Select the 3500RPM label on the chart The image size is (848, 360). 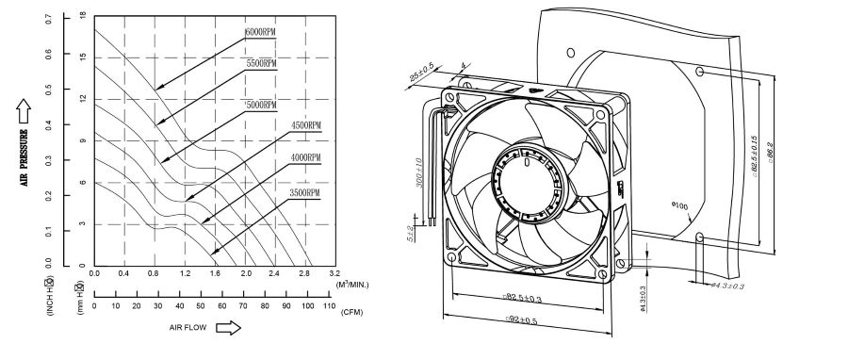[304, 192]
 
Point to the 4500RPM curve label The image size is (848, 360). [306, 125]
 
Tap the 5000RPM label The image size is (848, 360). [261, 105]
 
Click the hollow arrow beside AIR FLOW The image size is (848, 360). [228, 328]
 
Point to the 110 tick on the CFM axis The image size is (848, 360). [328, 306]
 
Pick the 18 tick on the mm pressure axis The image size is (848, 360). [83, 16]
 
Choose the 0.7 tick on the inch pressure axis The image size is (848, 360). [49, 19]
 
